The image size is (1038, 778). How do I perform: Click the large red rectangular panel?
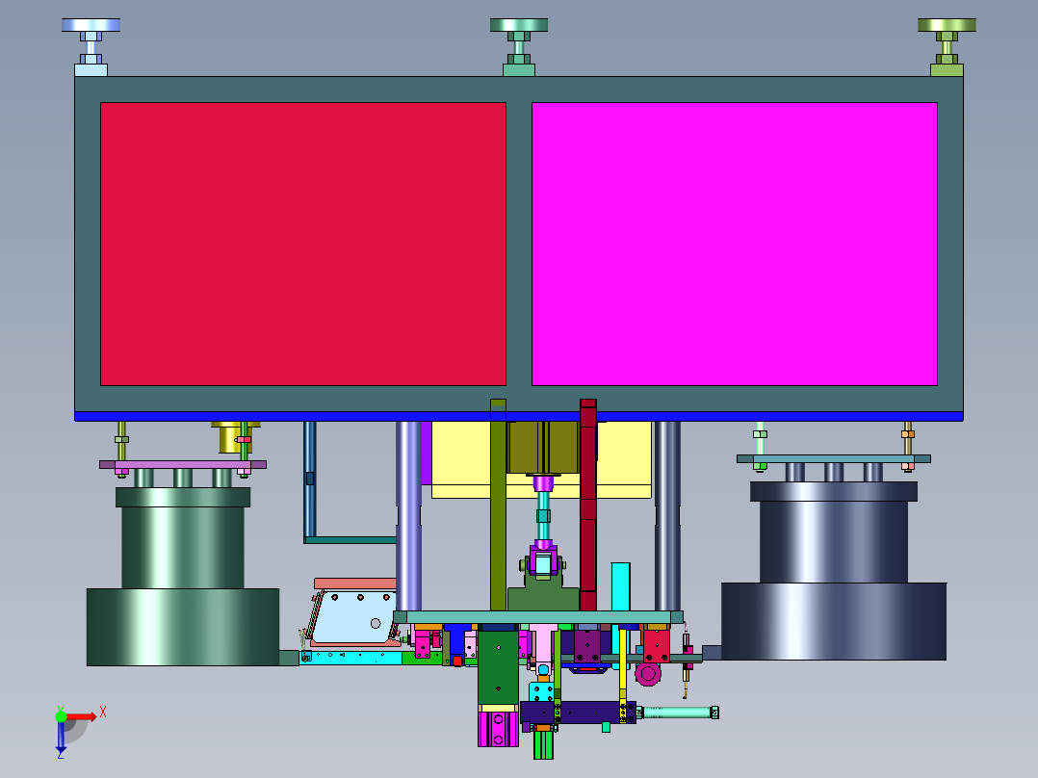(303, 244)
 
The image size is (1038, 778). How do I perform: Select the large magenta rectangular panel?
(735, 244)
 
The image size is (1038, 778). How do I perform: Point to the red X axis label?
(103, 713)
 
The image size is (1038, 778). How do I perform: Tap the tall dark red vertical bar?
(587, 505)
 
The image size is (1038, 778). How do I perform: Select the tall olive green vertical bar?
(499, 505)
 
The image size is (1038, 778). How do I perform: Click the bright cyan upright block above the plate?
(620, 586)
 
